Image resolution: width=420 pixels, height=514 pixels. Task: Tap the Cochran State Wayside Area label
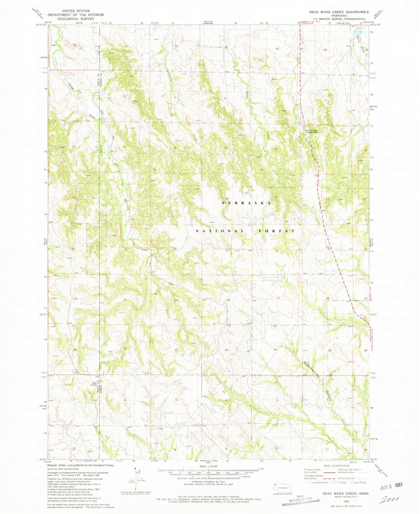[x=311, y=131]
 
